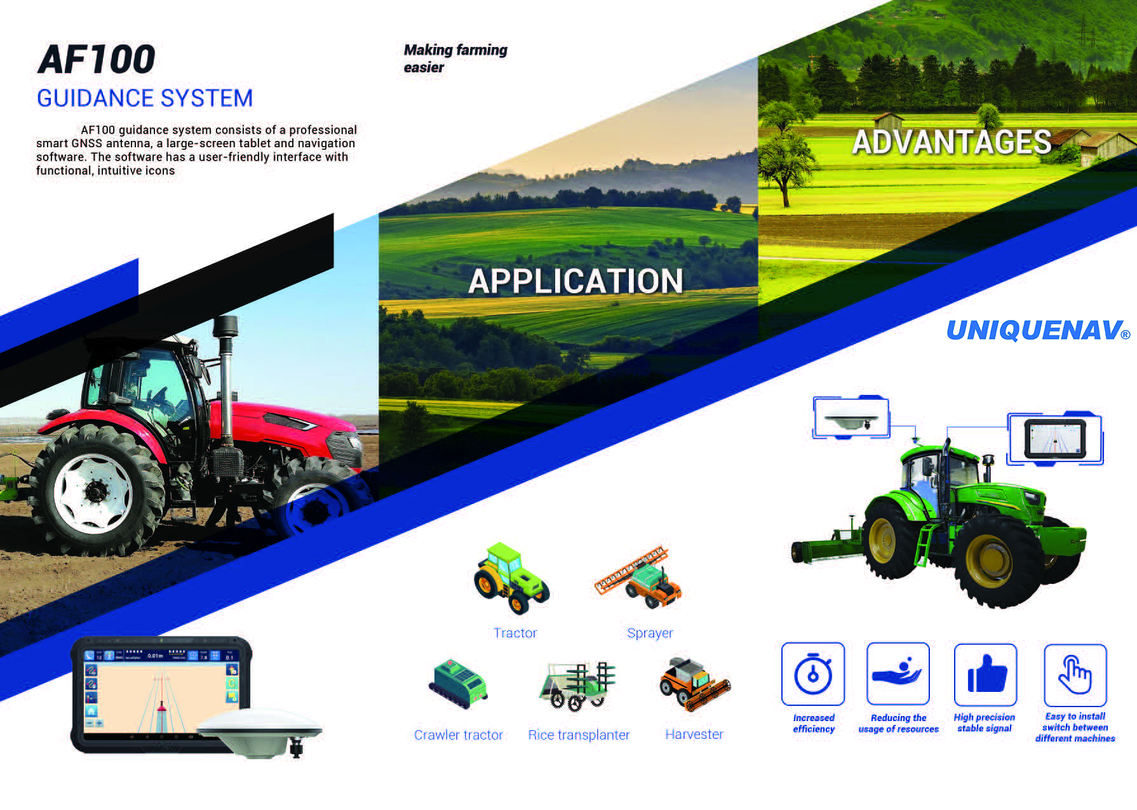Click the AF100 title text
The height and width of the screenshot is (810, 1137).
[x=97, y=60]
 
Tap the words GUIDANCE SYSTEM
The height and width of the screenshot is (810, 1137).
[x=145, y=98]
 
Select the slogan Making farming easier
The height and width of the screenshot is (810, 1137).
[x=455, y=58]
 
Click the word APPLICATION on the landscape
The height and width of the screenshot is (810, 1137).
[x=575, y=281]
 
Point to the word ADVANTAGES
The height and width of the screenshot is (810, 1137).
[x=952, y=142]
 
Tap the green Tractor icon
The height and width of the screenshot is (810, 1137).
[x=511, y=578]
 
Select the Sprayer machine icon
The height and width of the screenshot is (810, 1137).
[x=638, y=578]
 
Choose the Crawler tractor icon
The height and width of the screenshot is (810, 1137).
[x=459, y=684]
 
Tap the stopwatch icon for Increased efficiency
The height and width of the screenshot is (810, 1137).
[x=813, y=674]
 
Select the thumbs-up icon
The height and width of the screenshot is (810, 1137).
[x=986, y=674]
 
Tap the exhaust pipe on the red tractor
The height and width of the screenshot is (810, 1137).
[x=225, y=381]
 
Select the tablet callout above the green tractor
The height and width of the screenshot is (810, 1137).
[x=1055, y=439]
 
